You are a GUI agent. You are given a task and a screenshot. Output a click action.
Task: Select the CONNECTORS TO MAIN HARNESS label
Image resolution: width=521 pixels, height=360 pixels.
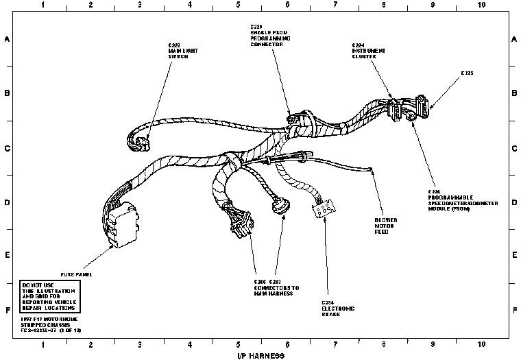coord(272,287)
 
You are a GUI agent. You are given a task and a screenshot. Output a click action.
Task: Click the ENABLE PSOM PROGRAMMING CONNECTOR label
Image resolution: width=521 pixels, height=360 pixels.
coord(269,36)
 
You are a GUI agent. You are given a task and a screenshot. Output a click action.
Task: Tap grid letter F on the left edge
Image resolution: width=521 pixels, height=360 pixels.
coord(7,309)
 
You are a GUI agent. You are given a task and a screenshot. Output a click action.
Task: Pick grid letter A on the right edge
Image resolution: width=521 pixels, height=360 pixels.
coord(513,39)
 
